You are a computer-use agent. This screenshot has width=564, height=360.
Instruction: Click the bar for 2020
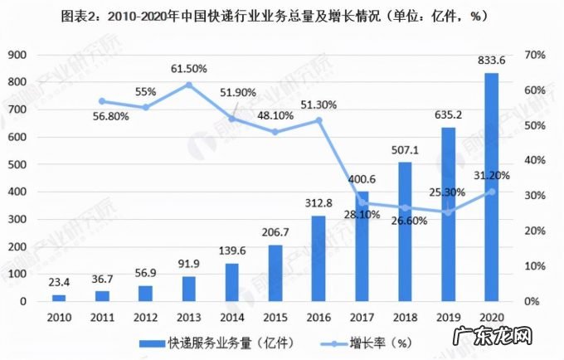[x=491, y=187]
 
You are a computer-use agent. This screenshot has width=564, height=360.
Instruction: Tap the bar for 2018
[x=405, y=231]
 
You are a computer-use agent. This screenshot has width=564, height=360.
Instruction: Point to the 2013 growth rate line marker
[x=189, y=85]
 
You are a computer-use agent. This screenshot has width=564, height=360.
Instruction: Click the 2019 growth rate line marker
[x=448, y=212]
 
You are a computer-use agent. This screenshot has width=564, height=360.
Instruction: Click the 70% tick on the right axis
[x=535, y=54]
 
